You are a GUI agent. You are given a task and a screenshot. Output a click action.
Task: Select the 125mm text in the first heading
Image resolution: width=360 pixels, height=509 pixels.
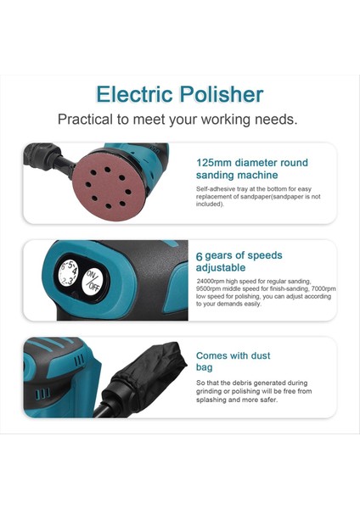[215, 162]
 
